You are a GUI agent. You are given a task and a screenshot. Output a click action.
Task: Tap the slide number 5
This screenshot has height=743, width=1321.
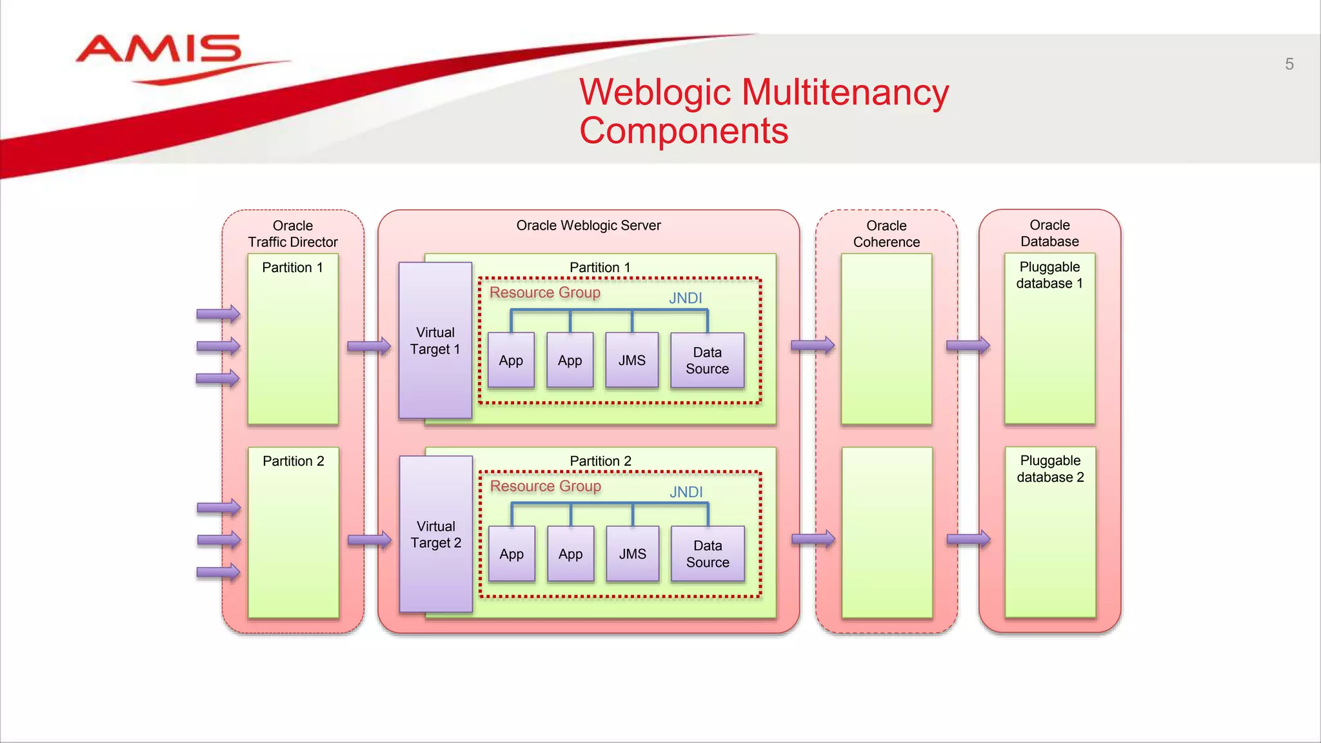point(1289,64)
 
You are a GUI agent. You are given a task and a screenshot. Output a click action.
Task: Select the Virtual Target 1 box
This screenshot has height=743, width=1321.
point(435,341)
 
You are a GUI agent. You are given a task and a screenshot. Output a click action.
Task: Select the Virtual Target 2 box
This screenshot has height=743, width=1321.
point(436,534)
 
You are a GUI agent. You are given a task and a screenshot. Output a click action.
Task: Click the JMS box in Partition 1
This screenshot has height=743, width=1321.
point(631,360)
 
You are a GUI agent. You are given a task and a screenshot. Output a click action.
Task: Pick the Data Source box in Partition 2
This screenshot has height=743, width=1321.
point(708,553)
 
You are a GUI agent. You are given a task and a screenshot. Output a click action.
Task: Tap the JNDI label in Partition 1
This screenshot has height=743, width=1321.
point(685,298)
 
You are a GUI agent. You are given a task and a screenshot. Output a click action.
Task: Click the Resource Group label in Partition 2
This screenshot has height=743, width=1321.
point(545,486)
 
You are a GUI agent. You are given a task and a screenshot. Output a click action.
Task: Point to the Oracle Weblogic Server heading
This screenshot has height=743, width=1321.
point(588,225)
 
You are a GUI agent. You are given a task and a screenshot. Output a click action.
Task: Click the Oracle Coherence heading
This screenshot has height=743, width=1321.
point(886,233)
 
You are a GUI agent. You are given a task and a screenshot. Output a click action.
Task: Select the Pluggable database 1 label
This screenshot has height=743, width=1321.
point(1049,275)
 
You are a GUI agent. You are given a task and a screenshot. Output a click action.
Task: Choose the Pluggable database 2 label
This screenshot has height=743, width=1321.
point(1050,469)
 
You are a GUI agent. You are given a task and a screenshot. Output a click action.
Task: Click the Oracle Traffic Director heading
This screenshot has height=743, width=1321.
point(293,233)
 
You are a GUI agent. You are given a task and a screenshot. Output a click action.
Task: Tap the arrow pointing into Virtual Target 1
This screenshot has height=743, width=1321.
point(369,346)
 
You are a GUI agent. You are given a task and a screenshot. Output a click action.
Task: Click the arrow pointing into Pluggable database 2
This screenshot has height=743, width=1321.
point(968,539)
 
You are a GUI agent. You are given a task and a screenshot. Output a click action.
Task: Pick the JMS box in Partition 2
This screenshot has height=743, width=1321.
point(632,553)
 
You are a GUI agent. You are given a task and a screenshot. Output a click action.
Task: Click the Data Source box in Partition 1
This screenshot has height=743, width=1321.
point(707,360)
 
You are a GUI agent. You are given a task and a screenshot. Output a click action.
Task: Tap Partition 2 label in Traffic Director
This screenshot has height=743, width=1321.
point(293,461)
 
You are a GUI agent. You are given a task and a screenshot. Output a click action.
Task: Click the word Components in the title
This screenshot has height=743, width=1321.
point(684,131)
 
